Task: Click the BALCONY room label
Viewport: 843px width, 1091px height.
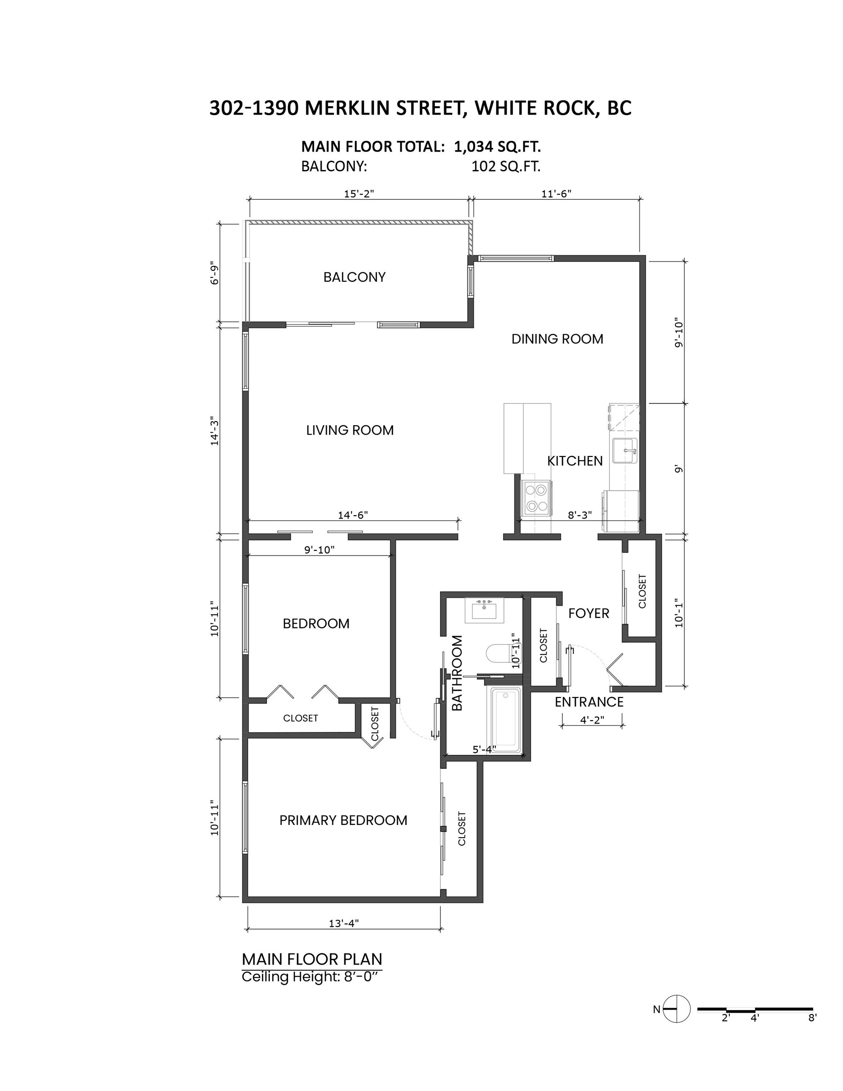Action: point(354,277)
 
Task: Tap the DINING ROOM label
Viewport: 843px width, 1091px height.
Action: point(557,339)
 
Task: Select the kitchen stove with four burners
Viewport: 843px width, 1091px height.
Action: point(537,498)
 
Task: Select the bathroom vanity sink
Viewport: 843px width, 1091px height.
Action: point(484,609)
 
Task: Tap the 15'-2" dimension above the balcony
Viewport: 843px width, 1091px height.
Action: point(359,194)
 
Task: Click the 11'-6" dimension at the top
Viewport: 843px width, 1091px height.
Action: point(556,194)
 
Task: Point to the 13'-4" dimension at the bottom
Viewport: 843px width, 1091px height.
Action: point(344,924)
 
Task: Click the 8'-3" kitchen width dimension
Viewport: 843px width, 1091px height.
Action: point(580,515)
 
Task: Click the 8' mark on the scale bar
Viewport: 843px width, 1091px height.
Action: point(812,1017)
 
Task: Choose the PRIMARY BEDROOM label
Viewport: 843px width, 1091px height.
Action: point(343,820)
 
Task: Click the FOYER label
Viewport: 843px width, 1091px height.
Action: point(589,613)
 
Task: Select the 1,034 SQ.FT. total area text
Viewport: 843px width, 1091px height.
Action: point(497,147)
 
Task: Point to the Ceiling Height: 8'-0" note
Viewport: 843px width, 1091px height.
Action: point(312,976)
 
